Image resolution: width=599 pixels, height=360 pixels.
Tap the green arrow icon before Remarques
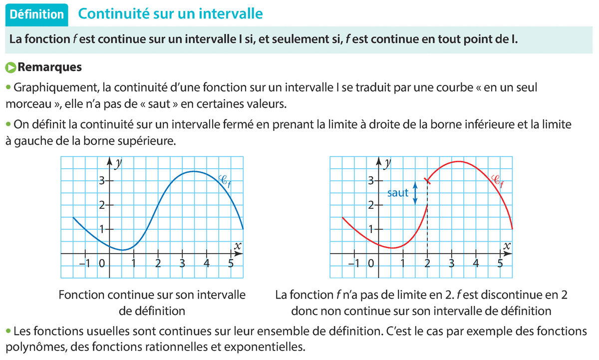click(10, 66)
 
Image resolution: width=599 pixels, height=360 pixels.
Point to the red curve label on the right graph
click(498, 180)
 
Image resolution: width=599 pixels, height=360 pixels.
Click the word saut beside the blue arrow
click(398, 193)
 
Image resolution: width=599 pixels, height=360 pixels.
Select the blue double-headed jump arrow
click(415, 192)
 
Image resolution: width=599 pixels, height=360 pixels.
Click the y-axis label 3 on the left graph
click(102, 181)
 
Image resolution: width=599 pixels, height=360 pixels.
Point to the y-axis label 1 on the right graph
click(371, 229)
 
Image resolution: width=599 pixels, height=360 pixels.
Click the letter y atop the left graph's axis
click(118, 163)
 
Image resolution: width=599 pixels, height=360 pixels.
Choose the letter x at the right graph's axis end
click(507, 246)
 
